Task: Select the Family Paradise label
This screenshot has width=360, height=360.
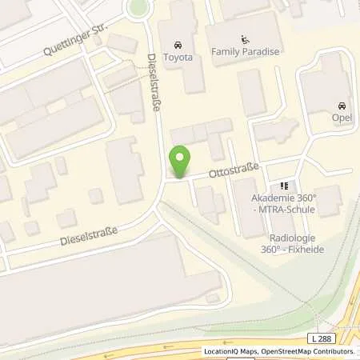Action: click(x=246, y=51)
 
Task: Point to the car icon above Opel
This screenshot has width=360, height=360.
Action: click(x=342, y=106)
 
